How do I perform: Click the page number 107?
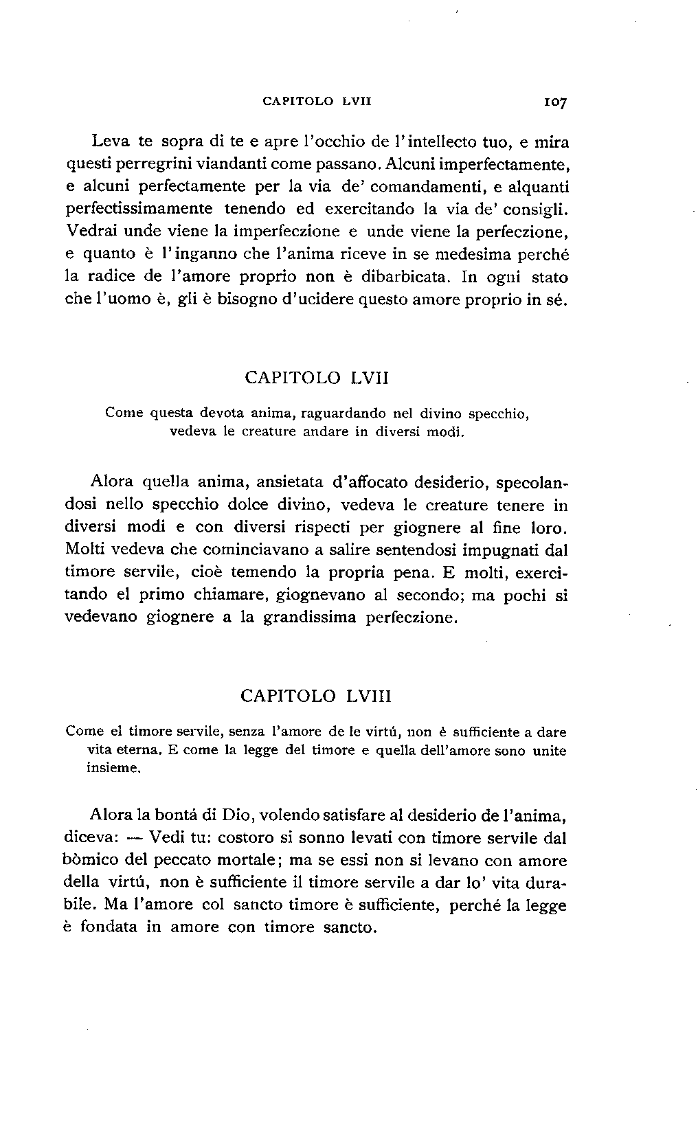click(554, 102)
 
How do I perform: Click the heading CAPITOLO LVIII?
click(316, 696)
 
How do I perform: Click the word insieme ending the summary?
click(113, 769)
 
